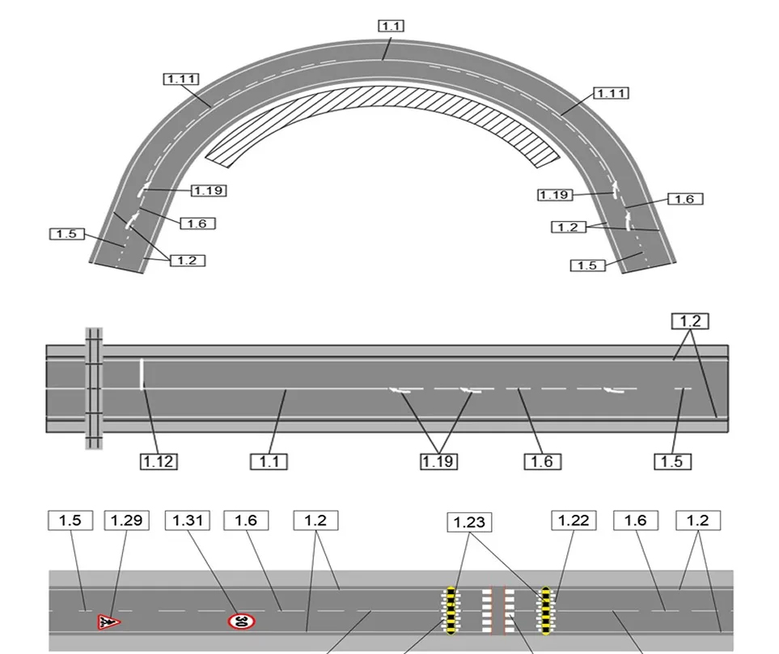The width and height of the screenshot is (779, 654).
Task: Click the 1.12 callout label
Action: [x=159, y=461]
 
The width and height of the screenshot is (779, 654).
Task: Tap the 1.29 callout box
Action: [x=127, y=520]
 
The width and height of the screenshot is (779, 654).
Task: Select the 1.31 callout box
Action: [x=188, y=520]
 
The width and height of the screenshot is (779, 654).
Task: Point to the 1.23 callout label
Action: [x=469, y=522]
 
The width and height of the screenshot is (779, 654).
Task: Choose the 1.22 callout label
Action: [x=574, y=520]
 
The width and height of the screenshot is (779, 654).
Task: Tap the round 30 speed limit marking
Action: [x=242, y=621]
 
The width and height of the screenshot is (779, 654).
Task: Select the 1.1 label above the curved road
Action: [x=391, y=26]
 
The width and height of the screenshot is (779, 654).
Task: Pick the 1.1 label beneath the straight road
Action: [x=269, y=461]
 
